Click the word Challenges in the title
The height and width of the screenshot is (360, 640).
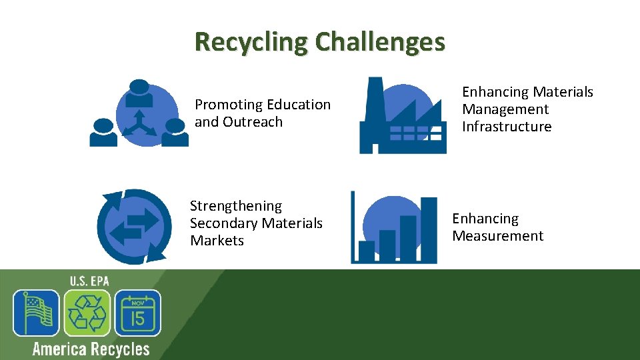(x=380, y=42)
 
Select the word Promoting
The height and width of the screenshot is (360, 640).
(x=227, y=105)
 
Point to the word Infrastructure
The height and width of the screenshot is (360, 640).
(x=507, y=127)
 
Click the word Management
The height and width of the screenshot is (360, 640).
(x=505, y=109)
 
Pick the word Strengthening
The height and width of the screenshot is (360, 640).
(x=235, y=206)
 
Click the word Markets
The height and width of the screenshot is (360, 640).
(x=217, y=241)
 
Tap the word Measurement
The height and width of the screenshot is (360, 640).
(x=497, y=236)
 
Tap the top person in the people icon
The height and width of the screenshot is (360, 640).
(x=139, y=93)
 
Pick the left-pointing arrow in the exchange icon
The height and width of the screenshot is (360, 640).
(x=125, y=234)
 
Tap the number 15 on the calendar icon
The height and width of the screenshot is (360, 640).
(x=137, y=318)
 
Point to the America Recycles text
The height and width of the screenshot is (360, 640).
(x=91, y=349)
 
